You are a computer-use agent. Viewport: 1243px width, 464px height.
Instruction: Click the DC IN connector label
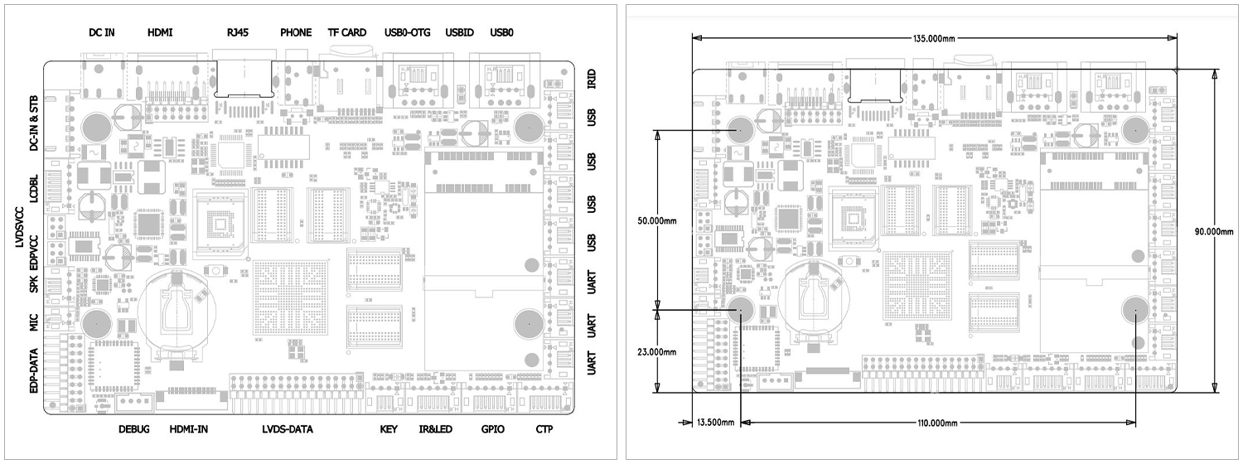click(x=102, y=33)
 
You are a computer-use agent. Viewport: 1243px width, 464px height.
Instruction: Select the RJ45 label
click(x=238, y=33)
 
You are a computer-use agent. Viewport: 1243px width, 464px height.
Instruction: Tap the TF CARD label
click(x=347, y=33)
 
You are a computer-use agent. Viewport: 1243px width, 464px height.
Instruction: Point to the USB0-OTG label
click(x=408, y=33)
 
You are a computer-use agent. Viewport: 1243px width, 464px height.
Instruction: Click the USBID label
click(x=459, y=33)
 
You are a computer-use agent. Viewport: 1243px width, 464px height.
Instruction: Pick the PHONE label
click(x=296, y=33)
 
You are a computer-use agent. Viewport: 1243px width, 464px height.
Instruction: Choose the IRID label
click(x=592, y=79)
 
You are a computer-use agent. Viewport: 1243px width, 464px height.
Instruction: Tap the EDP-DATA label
click(x=33, y=371)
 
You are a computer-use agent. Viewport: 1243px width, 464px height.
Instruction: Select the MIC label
click(x=33, y=322)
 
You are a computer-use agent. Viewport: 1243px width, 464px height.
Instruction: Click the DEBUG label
click(x=133, y=429)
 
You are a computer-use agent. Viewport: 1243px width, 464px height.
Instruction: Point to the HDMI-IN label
click(x=189, y=429)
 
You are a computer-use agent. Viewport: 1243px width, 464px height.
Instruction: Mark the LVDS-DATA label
click(x=288, y=429)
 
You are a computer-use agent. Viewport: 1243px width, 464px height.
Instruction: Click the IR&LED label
click(x=436, y=429)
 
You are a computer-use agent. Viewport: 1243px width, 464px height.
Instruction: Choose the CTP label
click(x=544, y=429)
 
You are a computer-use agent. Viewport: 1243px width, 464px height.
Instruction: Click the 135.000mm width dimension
click(x=934, y=38)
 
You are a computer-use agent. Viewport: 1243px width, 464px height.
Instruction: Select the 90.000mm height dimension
click(x=1214, y=231)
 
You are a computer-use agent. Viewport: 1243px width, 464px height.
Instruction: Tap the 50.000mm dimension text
click(x=657, y=221)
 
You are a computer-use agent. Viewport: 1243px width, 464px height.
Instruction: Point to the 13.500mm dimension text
click(x=715, y=423)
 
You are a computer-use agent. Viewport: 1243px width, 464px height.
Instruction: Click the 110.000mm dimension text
click(x=937, y=423)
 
